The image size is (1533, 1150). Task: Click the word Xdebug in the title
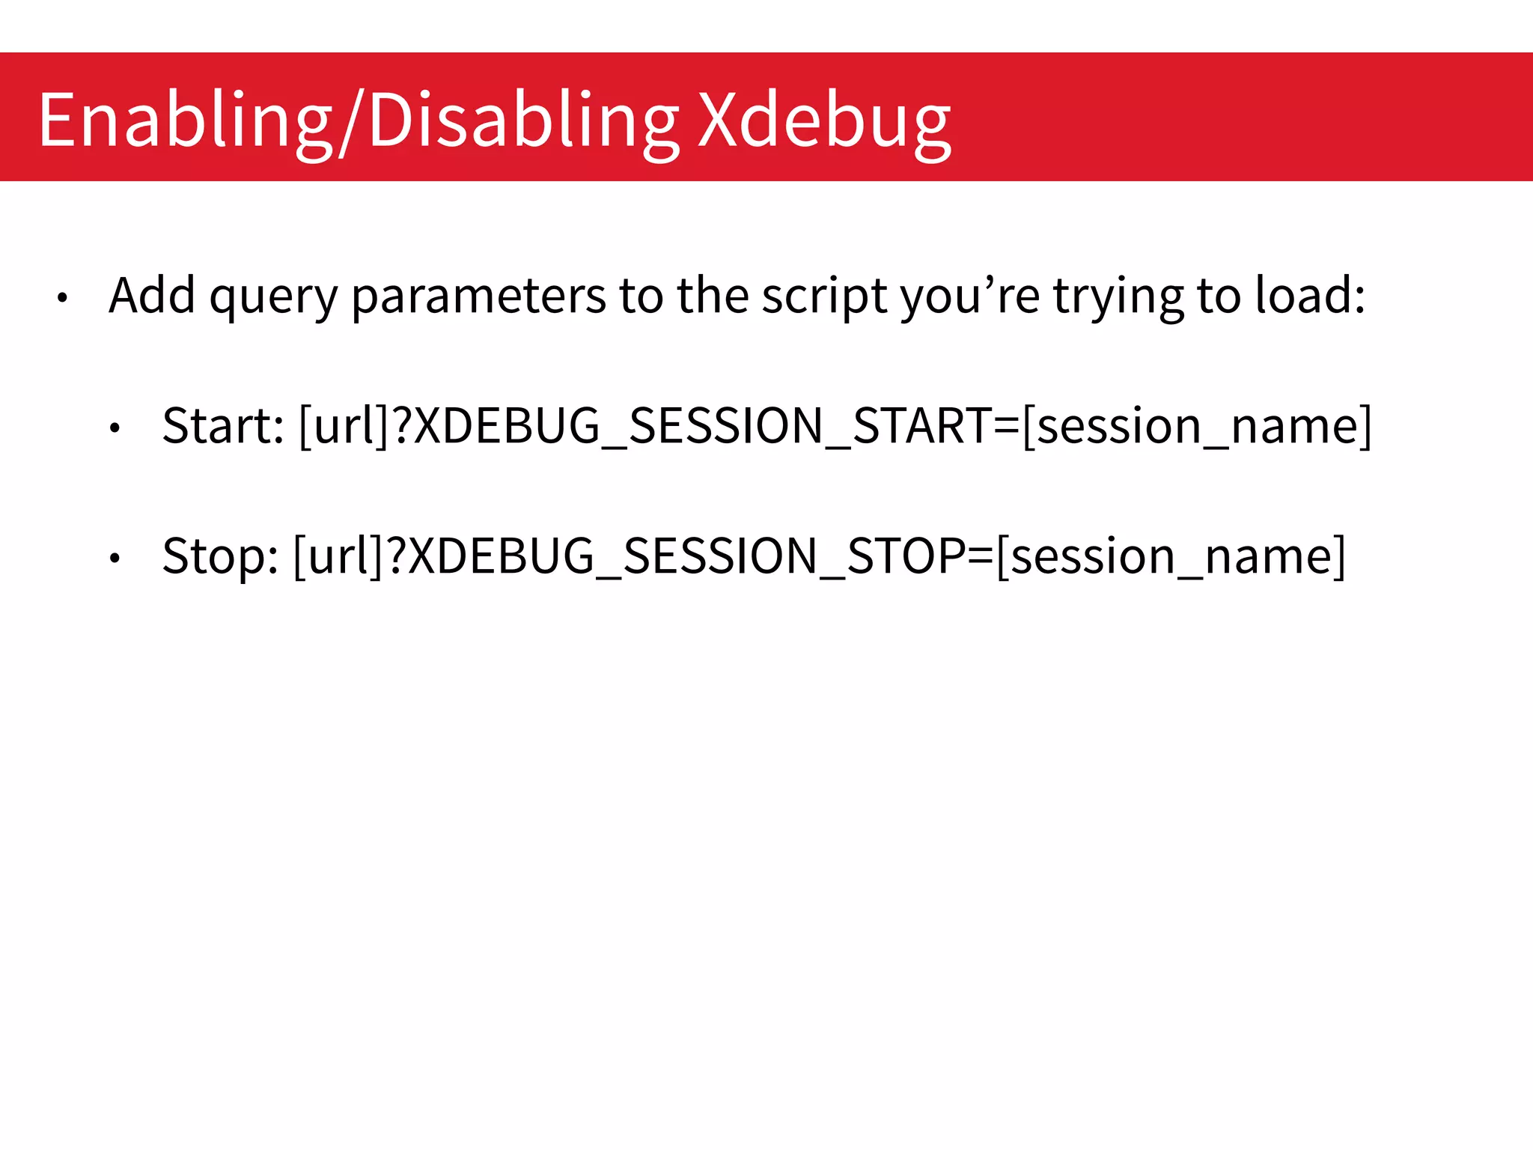(x=823, y=120)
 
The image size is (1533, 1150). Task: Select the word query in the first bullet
(x=274, y=296)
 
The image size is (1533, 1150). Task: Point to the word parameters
(x=478, y=296)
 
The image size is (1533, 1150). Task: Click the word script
(x=824, y=296)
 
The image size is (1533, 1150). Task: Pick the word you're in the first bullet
(x=970, y=296)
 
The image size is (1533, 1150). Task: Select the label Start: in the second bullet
(x=223, y=425)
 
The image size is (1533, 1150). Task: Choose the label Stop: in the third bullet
(x=220, y=556)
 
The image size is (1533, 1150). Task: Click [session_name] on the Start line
(x=1197, y=425)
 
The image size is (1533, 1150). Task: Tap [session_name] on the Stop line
(x=1171, y=556)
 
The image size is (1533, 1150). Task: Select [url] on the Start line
(x=344, y=425)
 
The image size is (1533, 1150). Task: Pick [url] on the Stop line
(x=338, y=556)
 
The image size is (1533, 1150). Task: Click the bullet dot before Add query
(x=63, y=299)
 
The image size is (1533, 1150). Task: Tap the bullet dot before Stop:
(x=115, y=559)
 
